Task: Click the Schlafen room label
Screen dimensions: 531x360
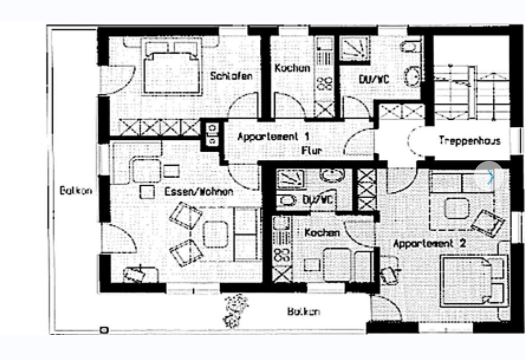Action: [231, 76]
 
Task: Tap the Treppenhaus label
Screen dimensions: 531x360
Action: [470, 140]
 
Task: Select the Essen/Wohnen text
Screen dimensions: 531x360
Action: [199, 192]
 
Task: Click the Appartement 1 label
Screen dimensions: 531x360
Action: [273, 136]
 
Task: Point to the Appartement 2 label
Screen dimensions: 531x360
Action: [430, 243]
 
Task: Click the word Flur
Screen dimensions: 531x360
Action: [312, 150]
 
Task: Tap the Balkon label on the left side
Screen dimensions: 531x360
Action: [76, 190]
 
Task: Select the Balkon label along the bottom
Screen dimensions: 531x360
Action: [303, 311]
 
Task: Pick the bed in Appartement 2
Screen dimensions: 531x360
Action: [474, 281]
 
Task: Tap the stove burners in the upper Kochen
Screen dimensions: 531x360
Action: [324, 84]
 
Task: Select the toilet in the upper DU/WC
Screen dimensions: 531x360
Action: [410, 46]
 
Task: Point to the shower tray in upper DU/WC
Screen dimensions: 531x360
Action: [355, 50]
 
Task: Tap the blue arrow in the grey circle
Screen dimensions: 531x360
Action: [489, 176]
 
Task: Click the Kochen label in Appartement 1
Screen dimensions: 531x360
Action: [292, 68]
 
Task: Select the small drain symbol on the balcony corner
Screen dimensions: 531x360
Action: [104, 330]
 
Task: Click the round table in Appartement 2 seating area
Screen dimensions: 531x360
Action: [457, 208]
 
